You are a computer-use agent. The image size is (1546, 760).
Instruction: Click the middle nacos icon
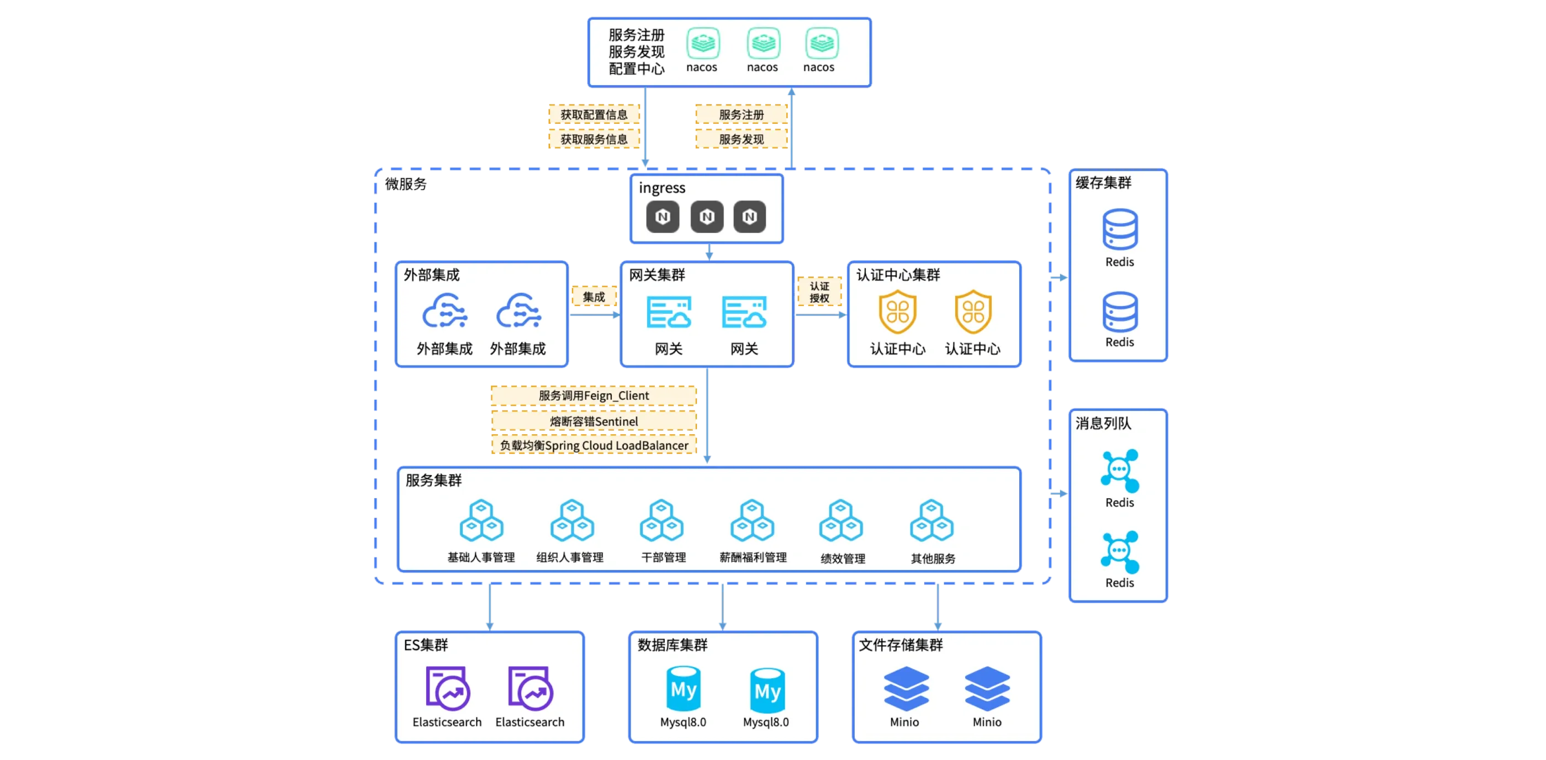[x=763, y=43]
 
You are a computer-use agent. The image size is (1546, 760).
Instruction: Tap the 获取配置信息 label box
[x=594, y=114]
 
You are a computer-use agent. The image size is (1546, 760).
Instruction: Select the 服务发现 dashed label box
[x=741, y=139]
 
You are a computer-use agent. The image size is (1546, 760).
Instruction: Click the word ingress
[x=661, y=188]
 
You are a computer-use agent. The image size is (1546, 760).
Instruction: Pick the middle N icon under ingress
[x=706, y=217]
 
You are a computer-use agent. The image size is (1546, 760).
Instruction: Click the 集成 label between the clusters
[x=594, y=297]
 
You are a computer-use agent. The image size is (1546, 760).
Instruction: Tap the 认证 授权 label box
[x=819, y=292]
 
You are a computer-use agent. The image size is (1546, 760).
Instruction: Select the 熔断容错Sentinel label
[x=594, y=421]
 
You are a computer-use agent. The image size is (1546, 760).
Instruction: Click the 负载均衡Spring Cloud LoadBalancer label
[x=594, y=445]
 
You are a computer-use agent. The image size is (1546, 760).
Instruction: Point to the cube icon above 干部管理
[x=662, y=520]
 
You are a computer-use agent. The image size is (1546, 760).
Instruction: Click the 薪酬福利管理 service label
[x=753, y=558]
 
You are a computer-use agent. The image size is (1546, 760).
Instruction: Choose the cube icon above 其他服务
[x=931, y=520]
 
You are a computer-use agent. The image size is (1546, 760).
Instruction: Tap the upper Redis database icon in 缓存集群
[x=1120, y=229]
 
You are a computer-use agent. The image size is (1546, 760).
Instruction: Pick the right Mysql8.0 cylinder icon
[x=767, y=690]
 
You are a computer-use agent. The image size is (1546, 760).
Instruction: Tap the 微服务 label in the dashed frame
[x=406, y=184]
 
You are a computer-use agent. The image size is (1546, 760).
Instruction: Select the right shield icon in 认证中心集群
[x=973, y=312]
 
